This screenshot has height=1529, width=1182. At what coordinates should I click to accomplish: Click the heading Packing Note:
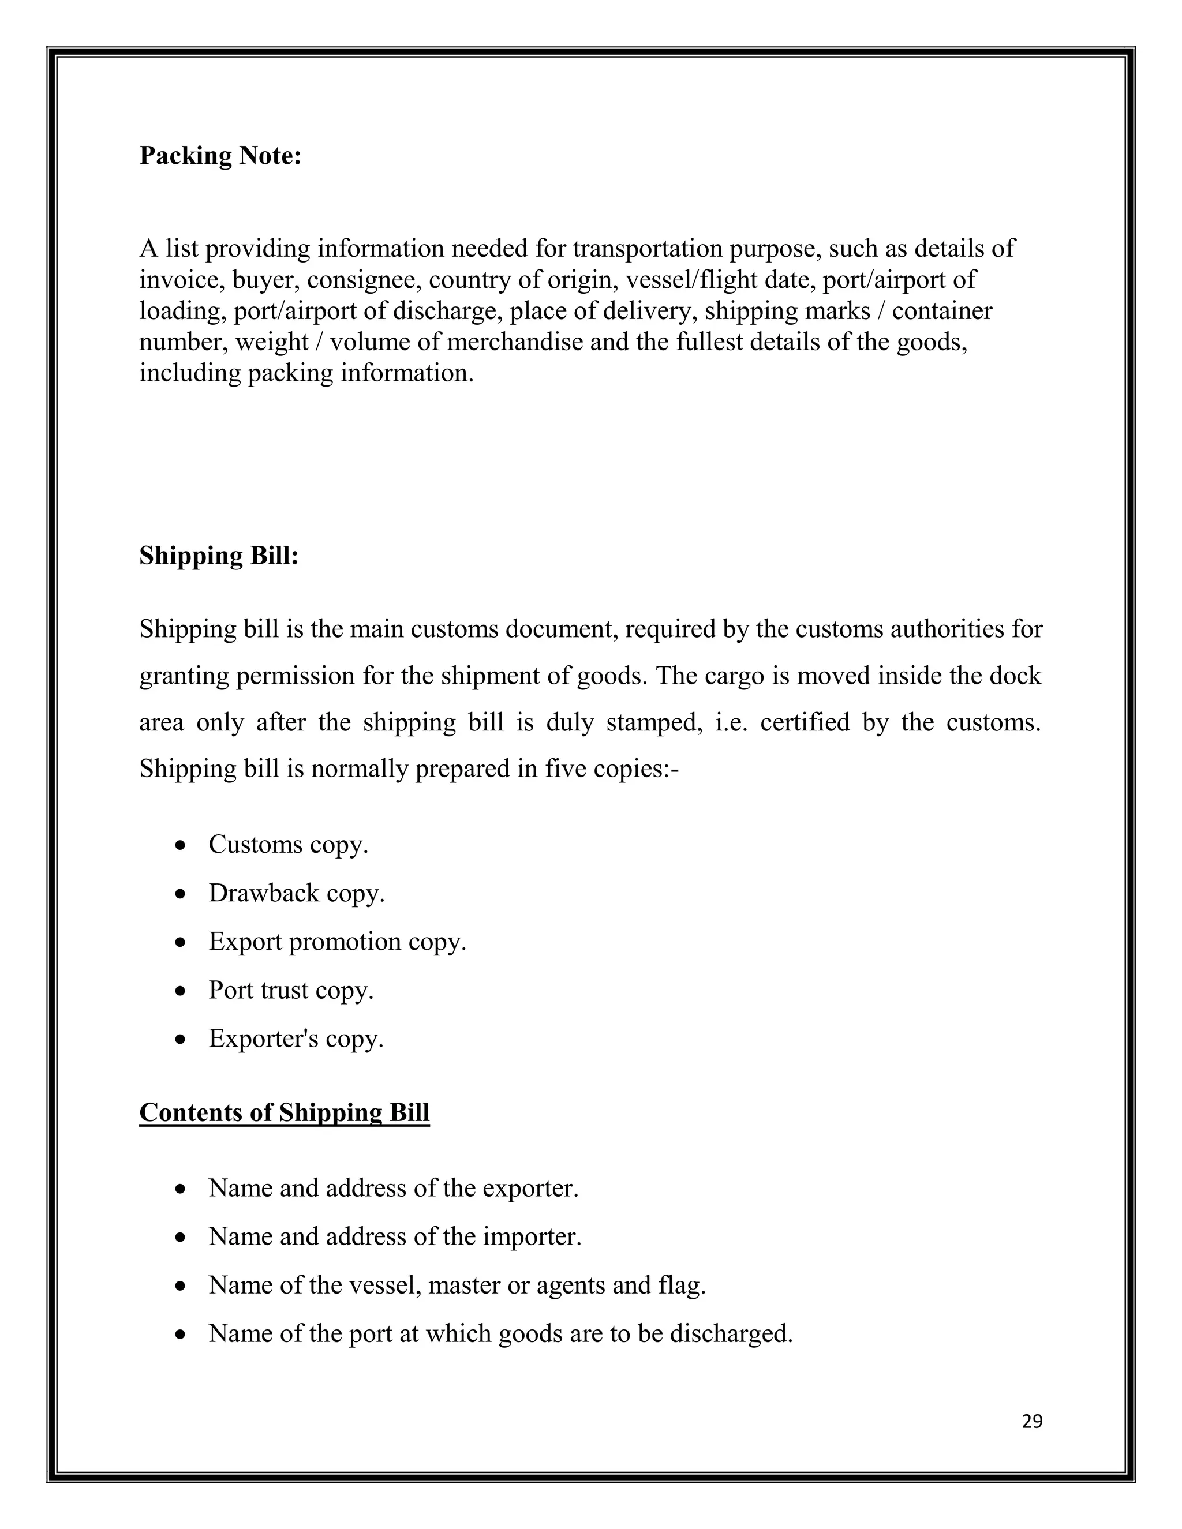pos(220,155)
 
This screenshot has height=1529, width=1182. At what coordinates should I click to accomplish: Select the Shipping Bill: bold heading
pos(219,555)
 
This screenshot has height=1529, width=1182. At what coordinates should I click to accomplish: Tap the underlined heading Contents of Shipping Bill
pos(285,1112)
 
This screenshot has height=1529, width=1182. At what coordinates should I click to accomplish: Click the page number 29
pos(1032,1422)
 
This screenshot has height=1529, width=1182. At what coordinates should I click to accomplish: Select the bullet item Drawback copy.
pos(296,893)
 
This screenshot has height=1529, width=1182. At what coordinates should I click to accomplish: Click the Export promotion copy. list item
pos(337,942)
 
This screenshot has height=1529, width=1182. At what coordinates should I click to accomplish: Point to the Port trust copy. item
pos(291,990)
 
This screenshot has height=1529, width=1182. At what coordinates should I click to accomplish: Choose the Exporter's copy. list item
pos(295,1038)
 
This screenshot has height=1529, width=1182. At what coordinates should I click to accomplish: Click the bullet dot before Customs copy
pos(181,846)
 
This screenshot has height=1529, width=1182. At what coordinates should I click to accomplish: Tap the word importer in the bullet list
pos(532,1237)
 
